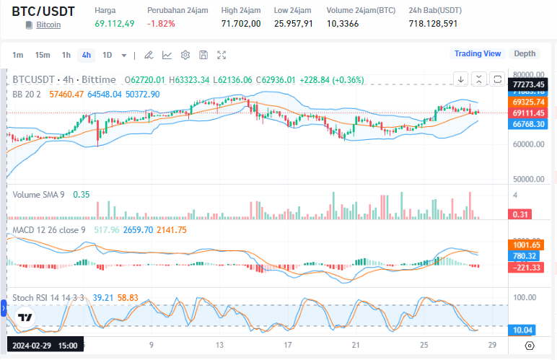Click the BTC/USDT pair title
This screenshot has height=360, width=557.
tap(43, 11)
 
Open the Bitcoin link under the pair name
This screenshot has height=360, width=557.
tap(48, 25)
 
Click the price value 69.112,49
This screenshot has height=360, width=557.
tap(114, 24)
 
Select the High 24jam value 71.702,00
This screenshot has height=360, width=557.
tap(240, 24)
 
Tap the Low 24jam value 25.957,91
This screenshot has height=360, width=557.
tap(293, 24)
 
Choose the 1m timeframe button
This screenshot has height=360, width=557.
tap(18, 55)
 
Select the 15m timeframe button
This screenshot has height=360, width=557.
tap(43, 55)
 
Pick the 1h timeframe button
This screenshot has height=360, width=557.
tap(66, 55)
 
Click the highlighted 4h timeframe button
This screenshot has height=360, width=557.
tap(86, 55)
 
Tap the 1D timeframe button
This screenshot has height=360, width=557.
tap(107, 55)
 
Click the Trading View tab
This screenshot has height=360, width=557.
tap(477, 53)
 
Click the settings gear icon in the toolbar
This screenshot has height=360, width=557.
tap(185, 55)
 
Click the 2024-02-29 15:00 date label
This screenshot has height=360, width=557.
tap(45, 346)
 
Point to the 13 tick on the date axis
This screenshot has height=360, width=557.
tap(221, 346)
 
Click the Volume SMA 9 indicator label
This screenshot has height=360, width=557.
tap(40, 194)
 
